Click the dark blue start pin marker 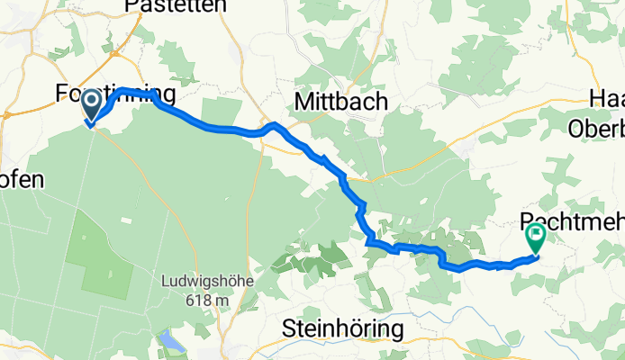coord(92,108)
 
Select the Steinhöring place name coord(342,329)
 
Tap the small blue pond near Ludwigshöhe coord(170,341)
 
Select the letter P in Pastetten coord(131,6)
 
